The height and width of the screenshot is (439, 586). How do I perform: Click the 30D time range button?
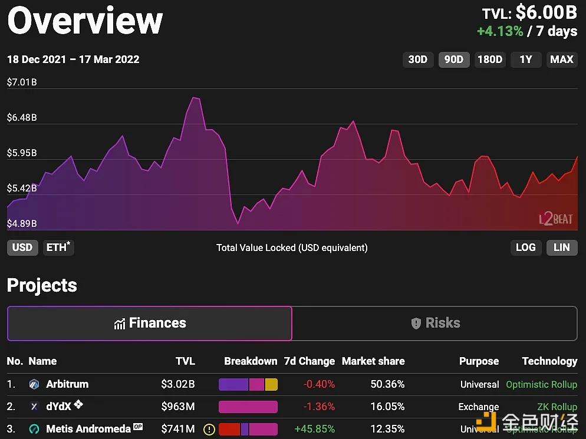418,60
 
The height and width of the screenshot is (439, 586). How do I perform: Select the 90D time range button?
454,60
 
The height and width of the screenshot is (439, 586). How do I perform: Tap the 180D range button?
490,60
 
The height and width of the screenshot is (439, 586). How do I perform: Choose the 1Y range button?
526,60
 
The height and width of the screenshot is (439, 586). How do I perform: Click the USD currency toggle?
22,247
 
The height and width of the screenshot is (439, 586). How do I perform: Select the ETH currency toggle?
58,247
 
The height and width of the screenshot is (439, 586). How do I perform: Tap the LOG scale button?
525,247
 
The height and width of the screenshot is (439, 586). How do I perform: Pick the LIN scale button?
562,247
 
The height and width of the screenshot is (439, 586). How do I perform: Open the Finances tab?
150,323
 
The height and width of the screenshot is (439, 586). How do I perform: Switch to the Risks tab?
435,323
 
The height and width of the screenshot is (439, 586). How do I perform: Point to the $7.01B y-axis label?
22,82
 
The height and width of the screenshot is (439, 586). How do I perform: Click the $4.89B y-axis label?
22,224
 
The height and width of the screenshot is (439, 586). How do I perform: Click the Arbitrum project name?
67,384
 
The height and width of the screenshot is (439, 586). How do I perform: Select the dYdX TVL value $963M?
178,407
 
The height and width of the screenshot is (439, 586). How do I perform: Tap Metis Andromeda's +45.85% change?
315,429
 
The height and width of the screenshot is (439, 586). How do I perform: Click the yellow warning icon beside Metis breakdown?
209,430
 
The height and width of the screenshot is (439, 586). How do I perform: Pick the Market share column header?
373,361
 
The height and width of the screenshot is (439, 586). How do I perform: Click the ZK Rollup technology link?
557,407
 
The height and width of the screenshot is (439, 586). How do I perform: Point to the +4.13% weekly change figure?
500,31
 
